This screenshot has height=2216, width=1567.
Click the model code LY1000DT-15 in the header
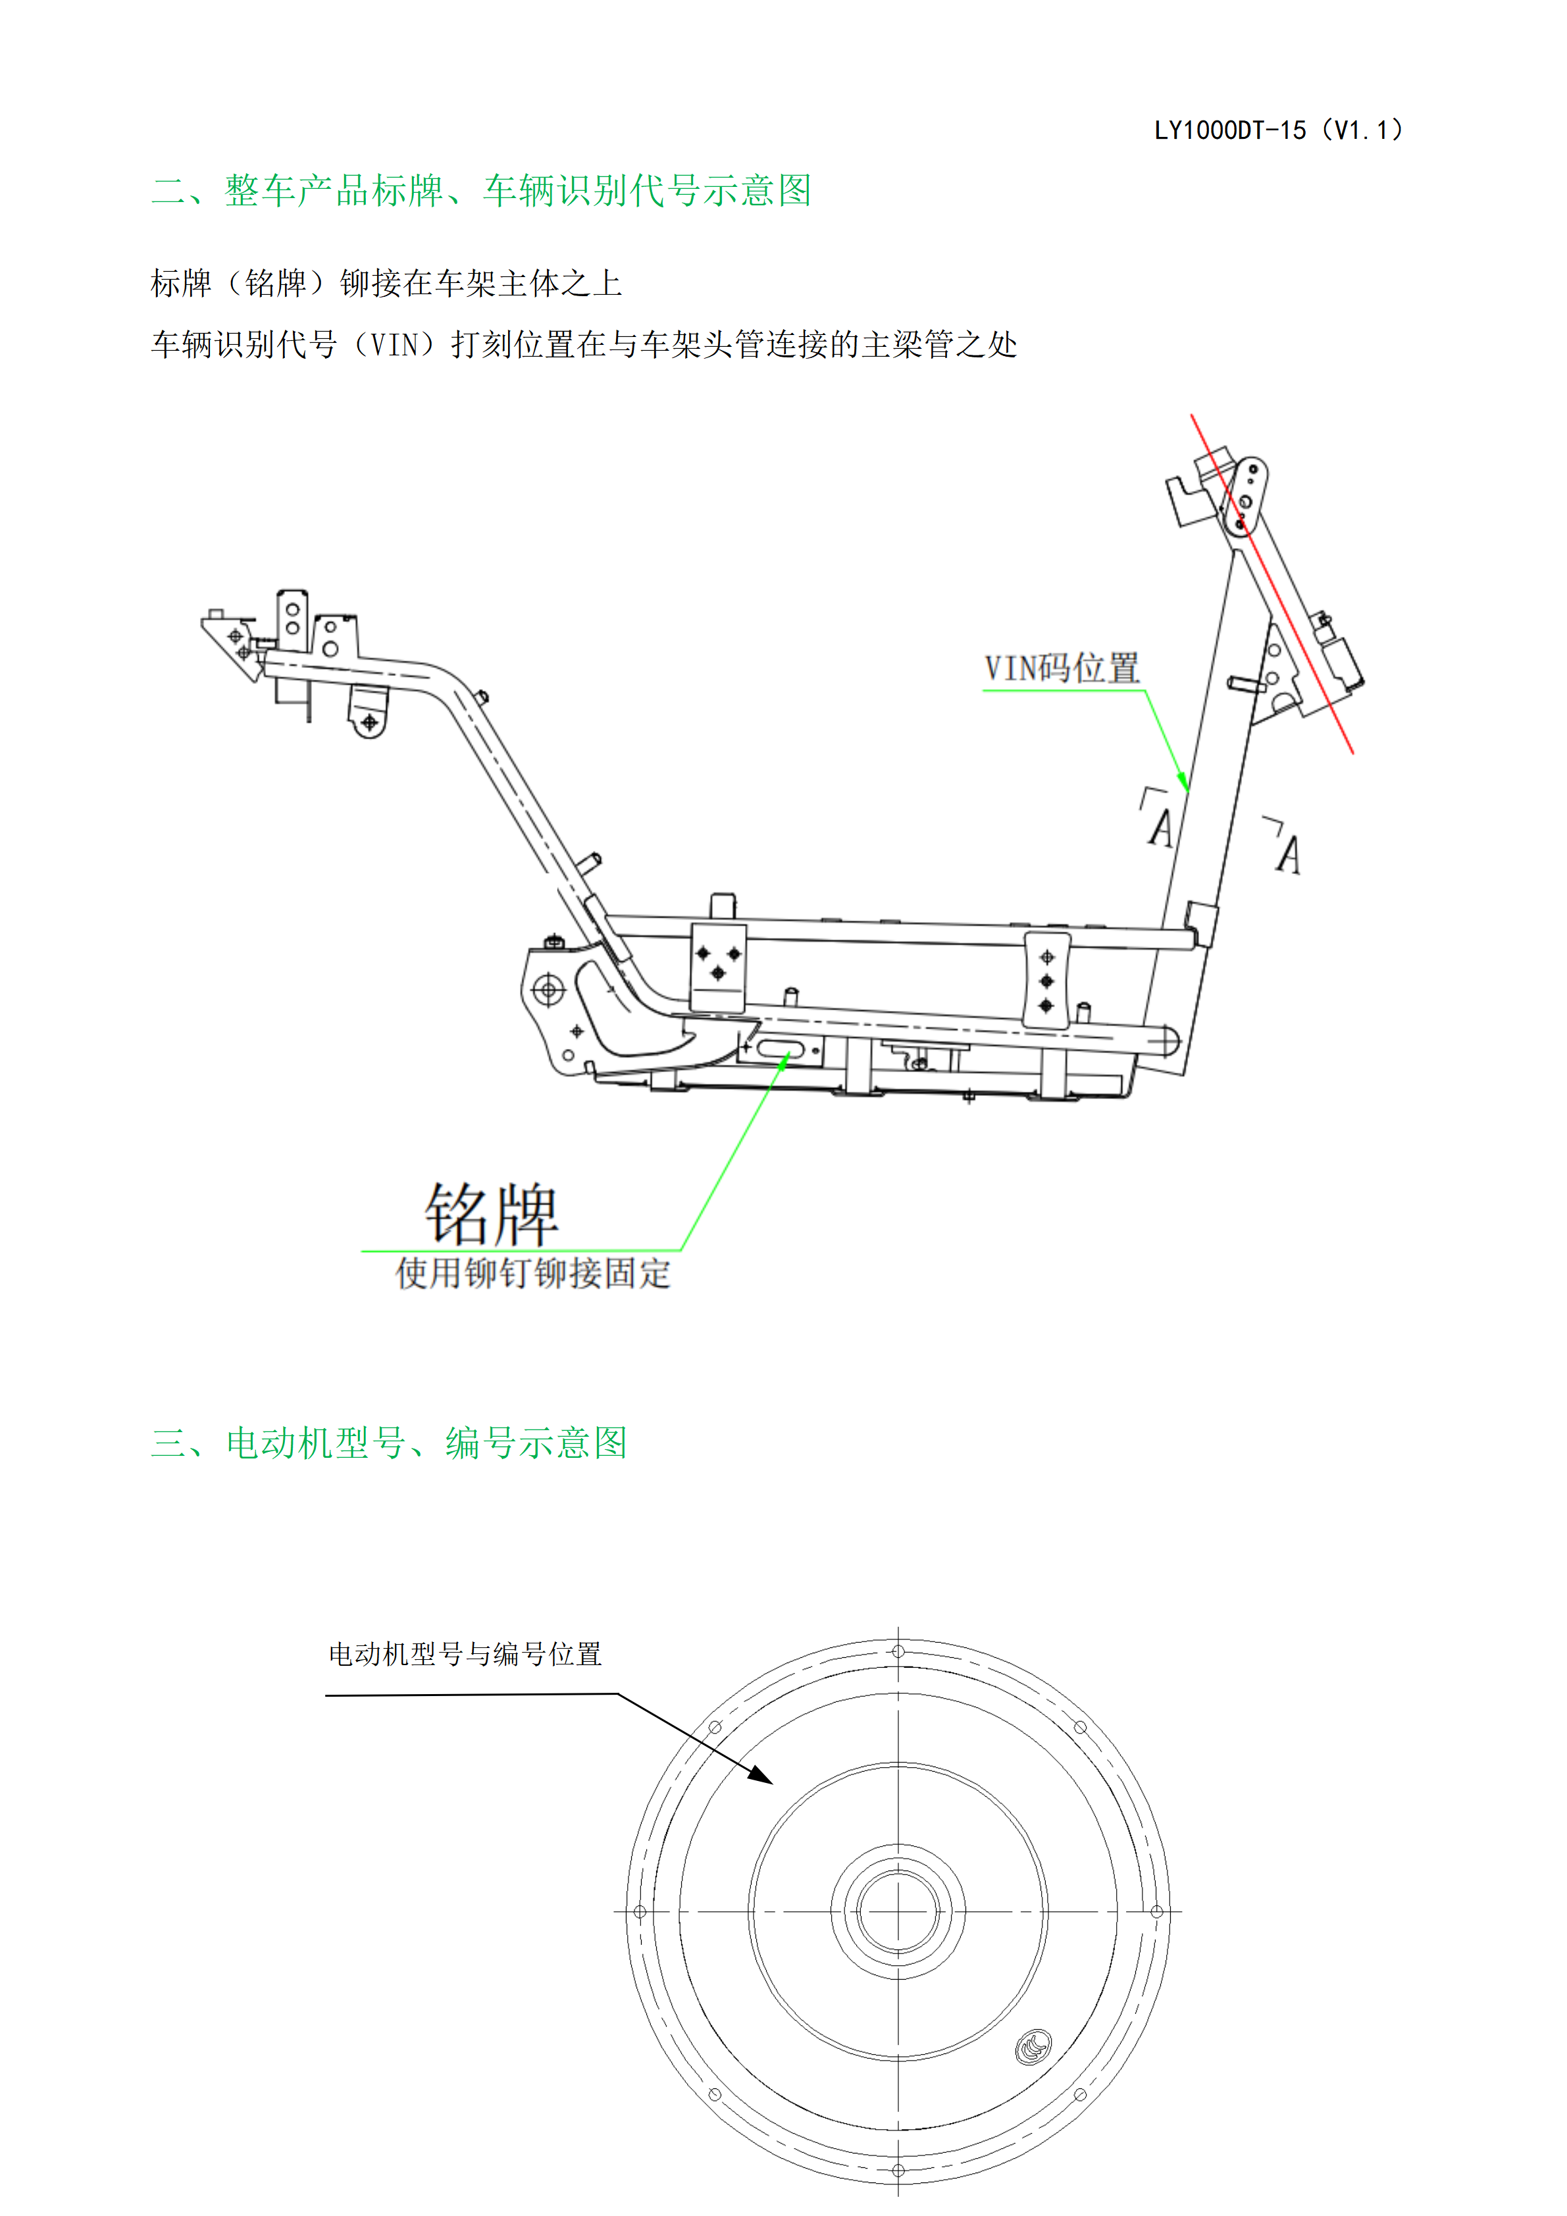point(1230,130)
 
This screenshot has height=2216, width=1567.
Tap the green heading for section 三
point(389,1443)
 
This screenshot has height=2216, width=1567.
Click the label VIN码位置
point(1062,668)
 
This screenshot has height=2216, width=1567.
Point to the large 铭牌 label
point(492,1213)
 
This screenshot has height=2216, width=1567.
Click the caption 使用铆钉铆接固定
point(532,1273)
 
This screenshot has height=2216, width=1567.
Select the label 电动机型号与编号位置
point(465,1655)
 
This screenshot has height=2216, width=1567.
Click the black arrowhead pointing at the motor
point(760,1774)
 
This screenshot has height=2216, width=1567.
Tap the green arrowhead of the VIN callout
point(1183,780)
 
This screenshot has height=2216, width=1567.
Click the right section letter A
point(1288,855)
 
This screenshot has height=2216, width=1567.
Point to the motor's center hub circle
point(898,1912)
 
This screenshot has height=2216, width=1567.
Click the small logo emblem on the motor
point(1033,2046)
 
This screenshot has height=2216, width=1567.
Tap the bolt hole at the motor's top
point(898,1651)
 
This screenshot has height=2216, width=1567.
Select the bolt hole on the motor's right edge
point(1157,1912)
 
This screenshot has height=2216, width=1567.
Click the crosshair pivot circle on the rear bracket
point(548,989)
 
